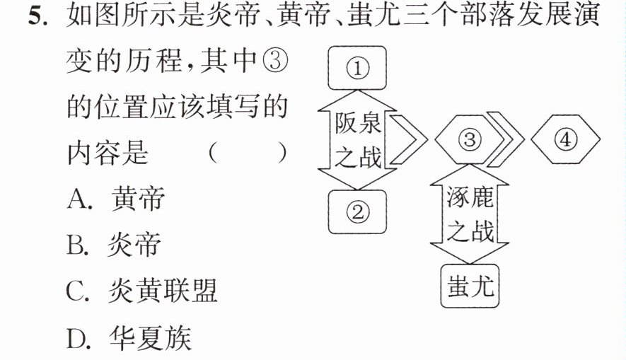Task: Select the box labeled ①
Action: tap(357, 68)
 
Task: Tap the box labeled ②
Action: tap(357, 211)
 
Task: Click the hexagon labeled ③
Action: tap(470, 140)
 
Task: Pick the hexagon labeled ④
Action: tap(565, 140)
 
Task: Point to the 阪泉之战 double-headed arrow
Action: tap(357, 140)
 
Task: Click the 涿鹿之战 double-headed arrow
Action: tap(470, 214)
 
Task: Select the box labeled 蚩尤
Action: tap(470, 286)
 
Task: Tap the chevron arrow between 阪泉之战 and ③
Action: tap(409, 140)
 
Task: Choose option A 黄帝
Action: tap(116, 198)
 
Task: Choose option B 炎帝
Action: tap(114, 244)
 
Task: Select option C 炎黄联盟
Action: tap(141, 291)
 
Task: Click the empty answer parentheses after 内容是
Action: tap(248, 153)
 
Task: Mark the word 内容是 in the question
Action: tap(108, 153)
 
